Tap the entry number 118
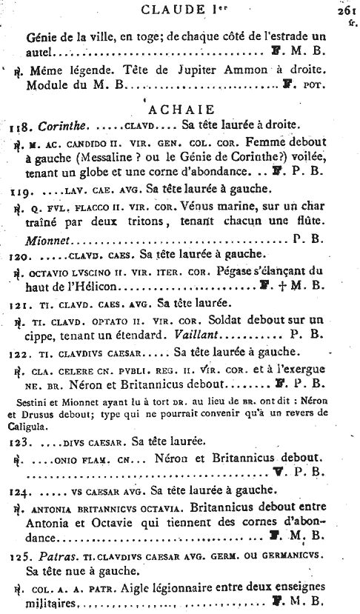tap(20, 126)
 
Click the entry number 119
tap(20, 191)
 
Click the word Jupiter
tap(179, 74)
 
